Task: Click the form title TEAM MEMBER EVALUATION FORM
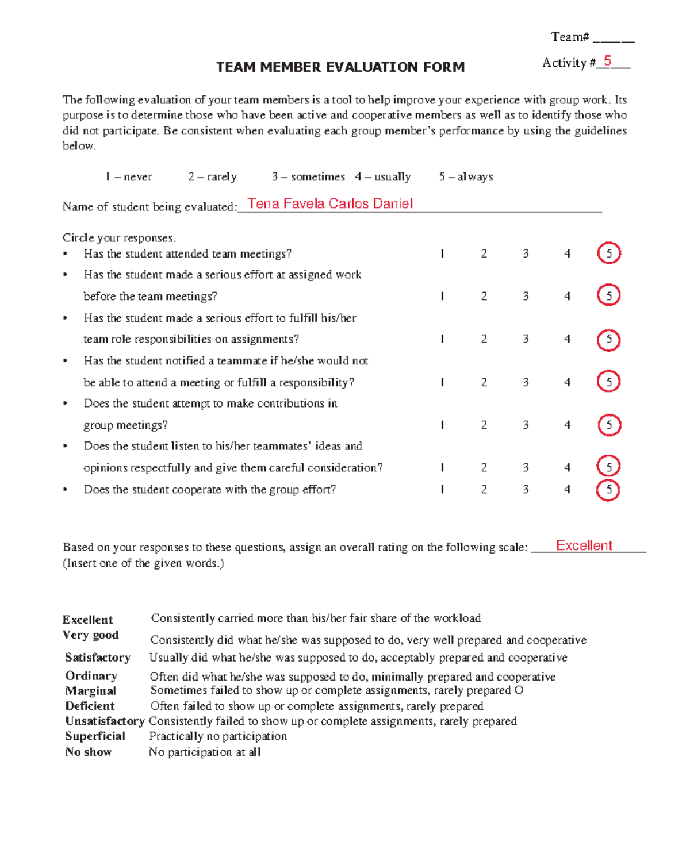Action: click(x=340, y=67)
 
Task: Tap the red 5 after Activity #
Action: click(x=607, y=62)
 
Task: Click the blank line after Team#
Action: click(x=613, y=40)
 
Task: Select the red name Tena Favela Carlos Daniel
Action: click(x=330, y=203)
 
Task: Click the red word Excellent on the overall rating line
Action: click(x=584, y=545)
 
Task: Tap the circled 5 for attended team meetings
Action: click(x=609, y=253)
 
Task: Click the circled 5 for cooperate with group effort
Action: click(x=608, y=490)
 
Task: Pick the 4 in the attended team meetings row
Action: click(x=567, y=253)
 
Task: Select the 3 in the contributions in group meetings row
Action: click(x=526, y=425)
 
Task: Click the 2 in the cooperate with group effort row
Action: click(x=484, y=489)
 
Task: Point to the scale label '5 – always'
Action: click(x=466, y=177)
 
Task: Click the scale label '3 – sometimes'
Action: click(x=308, y=177)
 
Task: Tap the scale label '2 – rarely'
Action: click(x=212, y=177)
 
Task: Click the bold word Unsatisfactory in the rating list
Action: click(x=105, y=721)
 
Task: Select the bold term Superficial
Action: click(x=95, y=736)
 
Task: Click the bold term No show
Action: click(x=88, y=752)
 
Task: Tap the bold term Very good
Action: click(x=90, y=635)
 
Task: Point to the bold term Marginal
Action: click(x=90, y=691)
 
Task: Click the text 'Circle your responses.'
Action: click(x=119, y=238)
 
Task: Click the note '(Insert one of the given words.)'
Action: click(x=143, y=563)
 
